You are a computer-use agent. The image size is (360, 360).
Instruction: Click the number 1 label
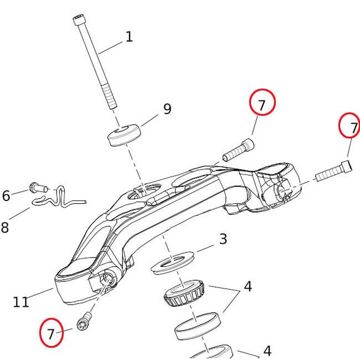pos(129,37)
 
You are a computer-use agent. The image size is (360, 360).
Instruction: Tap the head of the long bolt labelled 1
pos(79,20)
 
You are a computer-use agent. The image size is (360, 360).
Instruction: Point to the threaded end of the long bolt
pos(109,96)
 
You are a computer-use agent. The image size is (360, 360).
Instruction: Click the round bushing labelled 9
pos(124,135)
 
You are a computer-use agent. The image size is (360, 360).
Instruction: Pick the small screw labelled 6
pos(38,188)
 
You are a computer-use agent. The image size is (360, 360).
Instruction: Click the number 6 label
pos(6,196)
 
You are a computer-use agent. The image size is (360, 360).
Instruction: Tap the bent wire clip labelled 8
pos(59,198)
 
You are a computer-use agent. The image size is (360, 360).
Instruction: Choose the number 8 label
pos(5,228)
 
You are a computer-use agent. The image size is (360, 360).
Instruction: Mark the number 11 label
pos(21,302)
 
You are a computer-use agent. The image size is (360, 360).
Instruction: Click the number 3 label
pos(223,239)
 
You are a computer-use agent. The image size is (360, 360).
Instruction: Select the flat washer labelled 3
pos(172,263)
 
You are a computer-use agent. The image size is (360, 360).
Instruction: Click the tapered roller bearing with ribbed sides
pos(184,293)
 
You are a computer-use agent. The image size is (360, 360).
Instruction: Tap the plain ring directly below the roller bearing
pos(198,326)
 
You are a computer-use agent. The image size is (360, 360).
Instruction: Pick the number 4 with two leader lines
pos(248,286)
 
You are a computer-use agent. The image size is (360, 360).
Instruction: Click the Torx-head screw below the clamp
pos(84,321)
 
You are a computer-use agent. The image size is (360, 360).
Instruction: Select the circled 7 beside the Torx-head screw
pos(51,332)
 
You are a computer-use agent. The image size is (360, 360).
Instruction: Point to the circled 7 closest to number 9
pos(262,102)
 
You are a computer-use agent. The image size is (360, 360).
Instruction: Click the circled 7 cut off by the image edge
pos(349,125)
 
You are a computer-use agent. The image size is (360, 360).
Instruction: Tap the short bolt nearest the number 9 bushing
pos(239,150)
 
